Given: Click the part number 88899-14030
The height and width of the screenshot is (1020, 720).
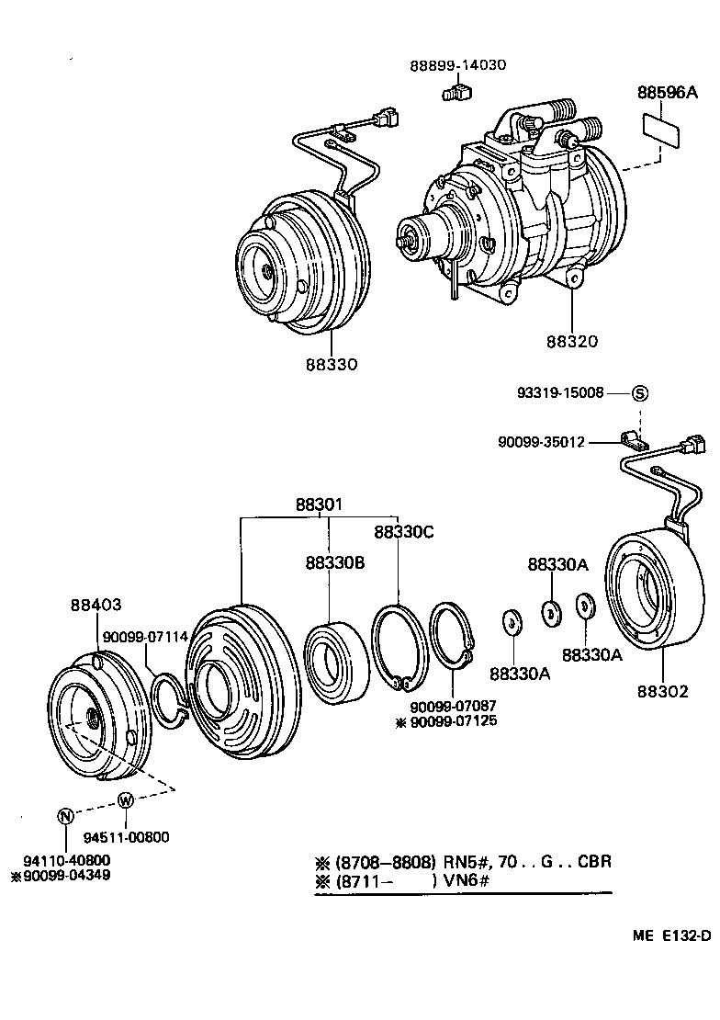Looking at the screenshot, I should coord(457,65).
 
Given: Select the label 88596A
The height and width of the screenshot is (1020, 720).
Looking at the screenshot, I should coord(668,93).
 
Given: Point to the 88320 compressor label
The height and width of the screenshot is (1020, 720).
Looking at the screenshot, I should coord(572,341).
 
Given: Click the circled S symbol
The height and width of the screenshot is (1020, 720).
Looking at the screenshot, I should coord(640,392).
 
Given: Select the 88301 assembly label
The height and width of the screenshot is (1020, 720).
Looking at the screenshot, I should coord(319,504).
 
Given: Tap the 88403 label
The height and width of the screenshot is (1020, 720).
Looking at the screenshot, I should coord(96,605).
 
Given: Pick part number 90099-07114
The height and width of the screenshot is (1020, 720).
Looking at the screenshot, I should coord(145,637).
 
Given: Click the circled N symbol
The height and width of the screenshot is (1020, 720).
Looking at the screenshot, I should coord(65,816).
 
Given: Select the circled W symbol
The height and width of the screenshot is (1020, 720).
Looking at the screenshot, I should coord(126,799).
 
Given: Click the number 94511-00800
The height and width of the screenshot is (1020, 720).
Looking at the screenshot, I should coord(126,837).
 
